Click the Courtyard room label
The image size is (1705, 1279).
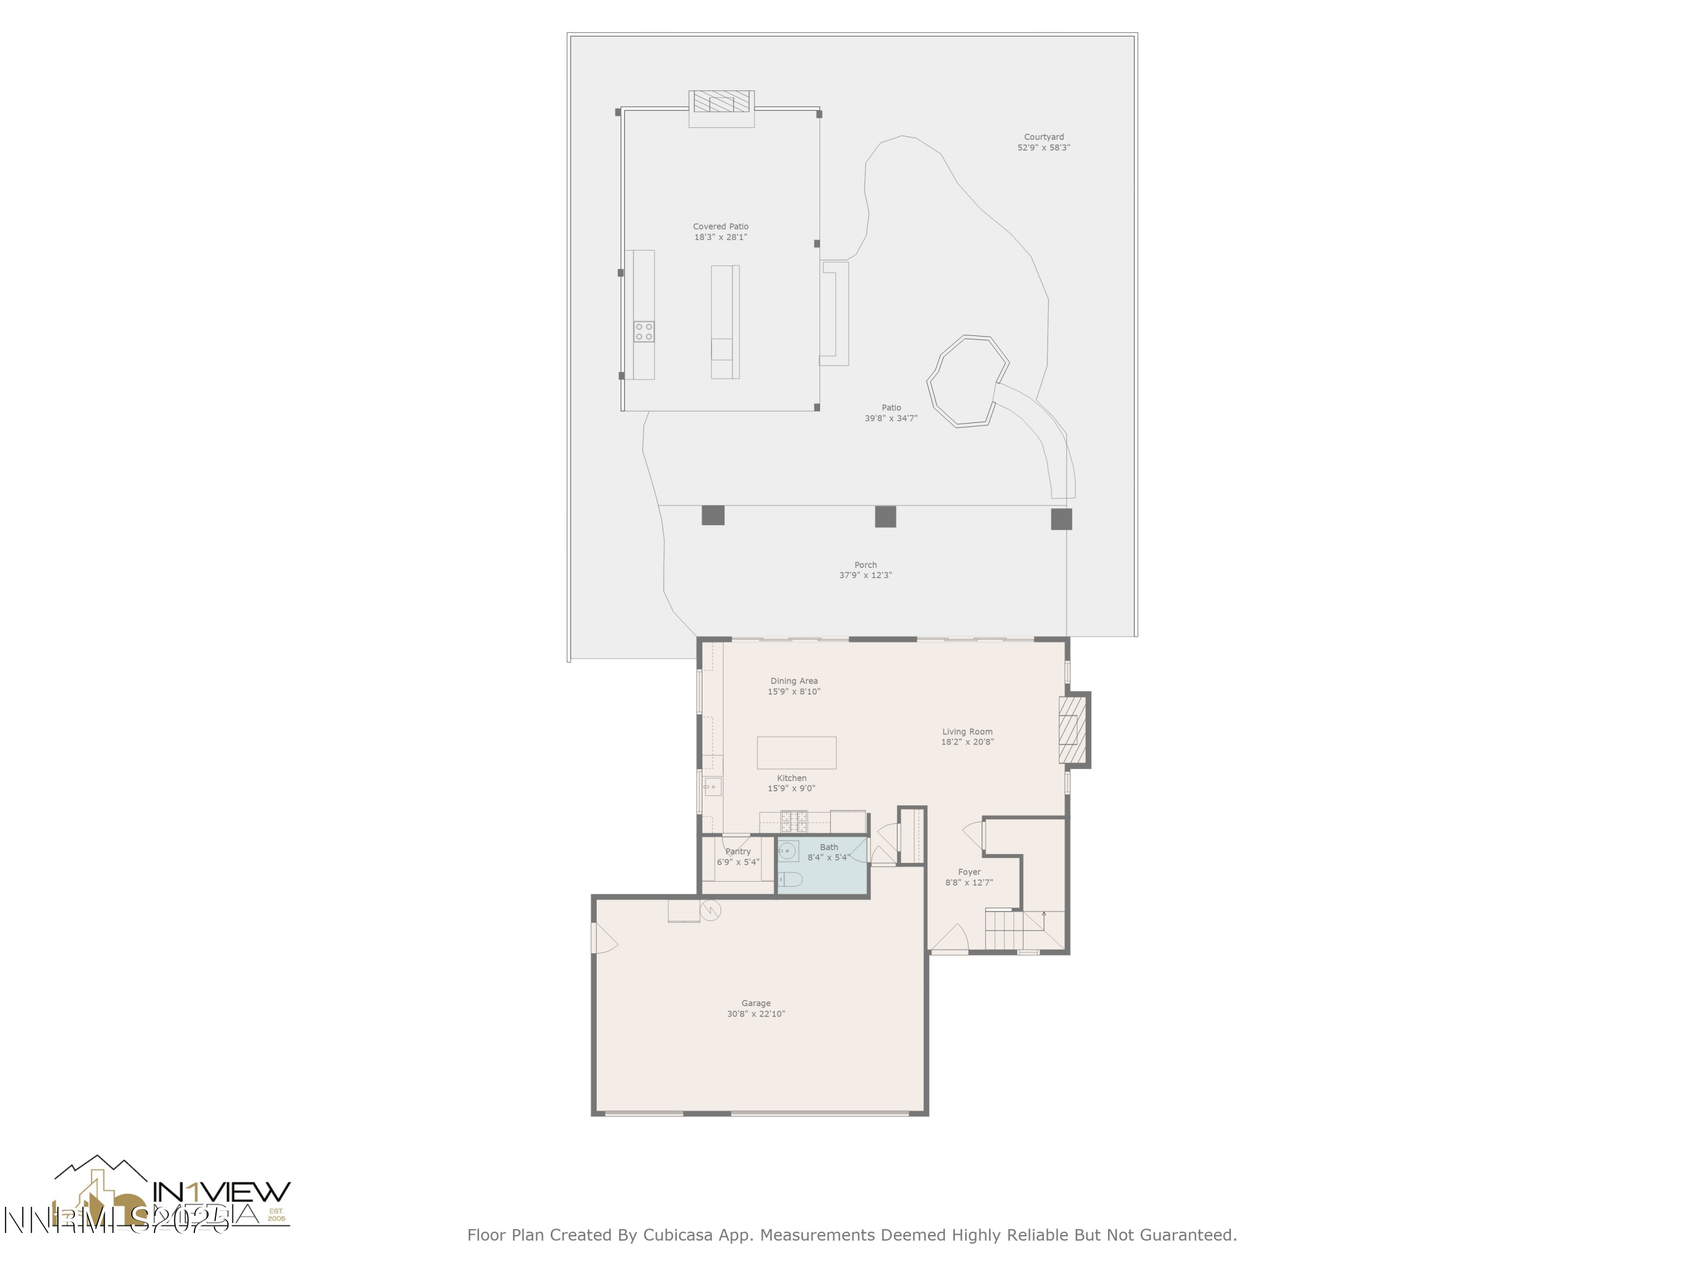point(1043,137)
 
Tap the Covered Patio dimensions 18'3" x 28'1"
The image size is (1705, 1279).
point(720,238)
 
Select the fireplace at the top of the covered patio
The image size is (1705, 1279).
point(721,102)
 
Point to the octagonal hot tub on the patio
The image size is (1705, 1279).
point(967,381)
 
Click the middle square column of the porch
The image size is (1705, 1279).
point(885,517)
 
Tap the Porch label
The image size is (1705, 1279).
point(865,565)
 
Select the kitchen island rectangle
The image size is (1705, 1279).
point(796,753)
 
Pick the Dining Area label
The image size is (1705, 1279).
point(793,682)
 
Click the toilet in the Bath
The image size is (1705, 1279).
point(791,879)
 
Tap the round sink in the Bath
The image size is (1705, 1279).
point(787,851)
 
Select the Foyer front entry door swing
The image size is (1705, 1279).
point(950,939)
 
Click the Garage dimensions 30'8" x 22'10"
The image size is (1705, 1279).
point(755,1014)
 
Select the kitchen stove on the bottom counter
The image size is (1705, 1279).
point(794,821)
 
